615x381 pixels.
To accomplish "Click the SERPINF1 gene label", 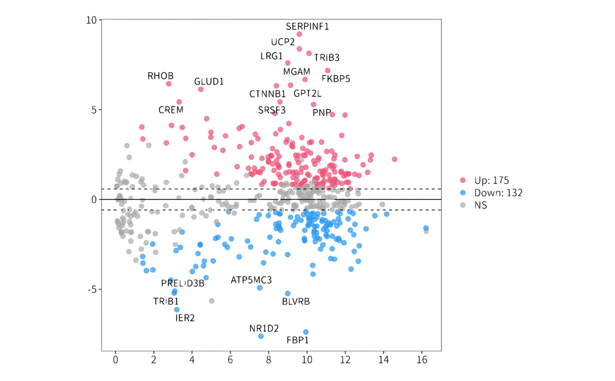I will tap(308, 26).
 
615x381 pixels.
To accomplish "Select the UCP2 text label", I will tap(283, 42).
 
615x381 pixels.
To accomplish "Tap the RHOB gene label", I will tap(160, 76).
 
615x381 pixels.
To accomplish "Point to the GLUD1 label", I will tap(209, 82).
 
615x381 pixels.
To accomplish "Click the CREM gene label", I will tap(171, 110).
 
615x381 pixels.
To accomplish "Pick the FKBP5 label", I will tap(336, 79).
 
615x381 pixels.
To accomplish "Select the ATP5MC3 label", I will tap(251, 280).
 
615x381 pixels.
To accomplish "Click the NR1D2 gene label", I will tap(264, 328).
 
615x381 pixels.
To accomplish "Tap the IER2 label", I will tap(185, 317).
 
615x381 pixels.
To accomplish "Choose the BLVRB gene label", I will tap(296, 302).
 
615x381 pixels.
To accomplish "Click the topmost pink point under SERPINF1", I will tap(299, 34).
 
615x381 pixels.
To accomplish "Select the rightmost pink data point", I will tap(395, 159).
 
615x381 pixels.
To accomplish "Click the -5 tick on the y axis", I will tap(92, 289).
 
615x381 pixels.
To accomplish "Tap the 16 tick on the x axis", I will tap(421, 360).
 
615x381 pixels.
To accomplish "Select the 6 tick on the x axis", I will tap(231, 360).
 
